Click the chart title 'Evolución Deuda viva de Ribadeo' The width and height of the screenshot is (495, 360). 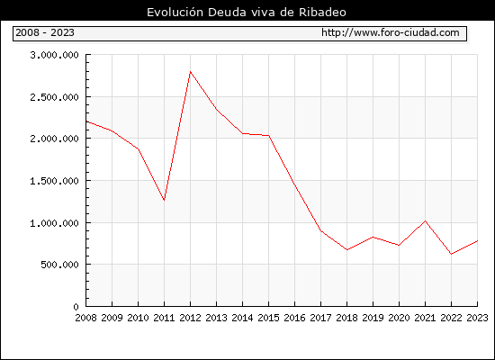pyautogui.click(x=247, y=13)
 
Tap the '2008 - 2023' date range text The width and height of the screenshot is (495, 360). pyautogui.click(x=45, y=32)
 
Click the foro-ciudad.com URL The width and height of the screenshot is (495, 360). pyautogui.click(x=391, y=32)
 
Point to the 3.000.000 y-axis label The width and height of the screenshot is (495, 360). pyautogui.click(x=54, y=55)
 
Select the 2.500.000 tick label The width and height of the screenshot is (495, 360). pyautogui.click(x=54, y=97)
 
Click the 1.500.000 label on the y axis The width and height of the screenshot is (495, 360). pyautogui.click(x=54, y=181)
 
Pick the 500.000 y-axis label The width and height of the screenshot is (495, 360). pyautogui.click(x=59, y=265)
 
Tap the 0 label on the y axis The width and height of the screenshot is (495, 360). pyautogui.click(x=76, y=307)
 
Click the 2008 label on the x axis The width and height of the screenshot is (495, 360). pyautogui.click(x=85, y=318)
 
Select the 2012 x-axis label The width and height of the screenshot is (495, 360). pyautogui.click(x=191, y=318)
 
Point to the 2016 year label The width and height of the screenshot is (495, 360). pyautogui.click(x=295, y=318)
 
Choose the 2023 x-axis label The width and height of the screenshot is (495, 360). pyautogui.click(x=477, y=318)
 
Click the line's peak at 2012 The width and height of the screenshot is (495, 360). pyautogui.click(x=191, y=72)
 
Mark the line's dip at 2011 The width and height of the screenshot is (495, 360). pyautogui.click(x=164, y=200)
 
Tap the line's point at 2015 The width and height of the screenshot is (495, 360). pyautogui.click(x=269, y=136)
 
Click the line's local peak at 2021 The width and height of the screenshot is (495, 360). pyautogui.click(x=425, y=221)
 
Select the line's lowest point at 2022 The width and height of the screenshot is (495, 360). pyautogui.click(x=452, y=254)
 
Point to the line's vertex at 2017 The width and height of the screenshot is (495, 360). pyautogui.click(x=321, y=230)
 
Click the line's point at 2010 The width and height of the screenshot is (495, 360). pyautogui.click(x=139, y=149)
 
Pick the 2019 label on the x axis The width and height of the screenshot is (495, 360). pyautogui.click(x=373, y=318)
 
